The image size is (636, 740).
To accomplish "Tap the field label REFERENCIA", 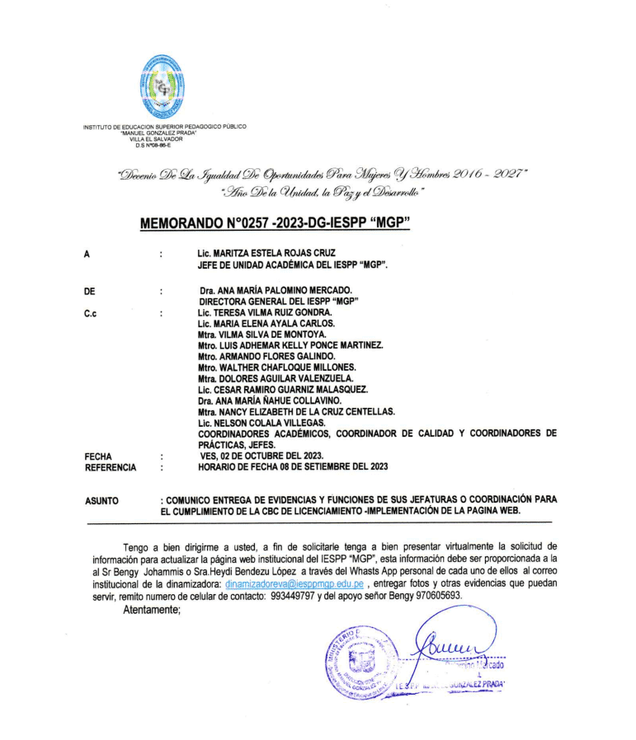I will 111,466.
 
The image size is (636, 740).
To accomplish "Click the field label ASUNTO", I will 102,500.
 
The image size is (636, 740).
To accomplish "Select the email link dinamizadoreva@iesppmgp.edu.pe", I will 294,582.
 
